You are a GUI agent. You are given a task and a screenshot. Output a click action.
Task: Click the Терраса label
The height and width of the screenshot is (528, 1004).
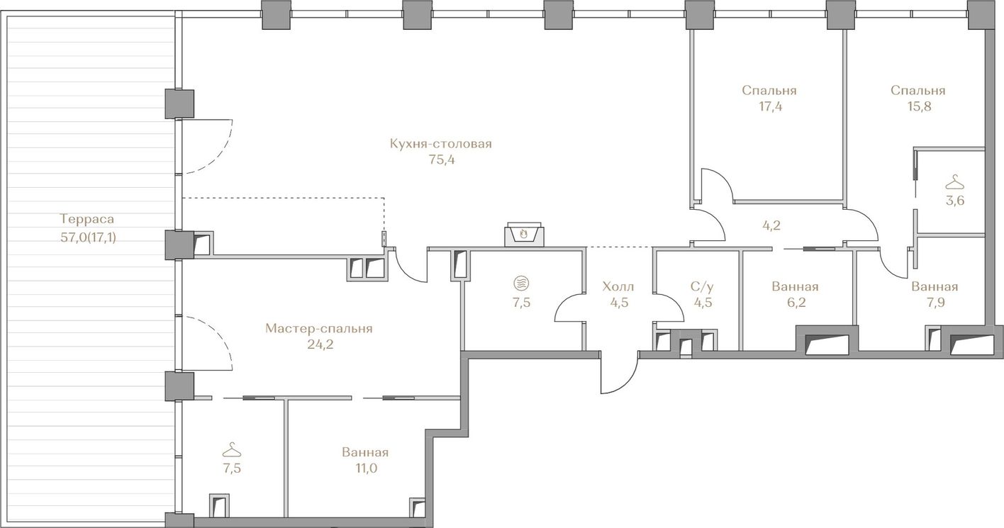87,219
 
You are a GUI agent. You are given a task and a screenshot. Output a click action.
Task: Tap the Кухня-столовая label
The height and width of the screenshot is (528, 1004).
440,144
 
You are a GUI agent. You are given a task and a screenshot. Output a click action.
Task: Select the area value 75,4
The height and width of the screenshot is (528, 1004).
442,160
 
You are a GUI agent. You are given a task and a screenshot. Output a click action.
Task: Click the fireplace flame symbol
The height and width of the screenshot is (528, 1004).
523,233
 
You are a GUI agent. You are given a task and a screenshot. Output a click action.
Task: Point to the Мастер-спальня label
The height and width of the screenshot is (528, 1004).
318,329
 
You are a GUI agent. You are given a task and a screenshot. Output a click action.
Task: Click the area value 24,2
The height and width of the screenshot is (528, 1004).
320,345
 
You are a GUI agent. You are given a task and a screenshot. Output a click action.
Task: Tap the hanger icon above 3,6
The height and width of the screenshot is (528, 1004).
954,182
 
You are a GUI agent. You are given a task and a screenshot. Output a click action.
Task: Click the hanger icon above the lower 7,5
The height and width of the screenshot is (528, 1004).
232,449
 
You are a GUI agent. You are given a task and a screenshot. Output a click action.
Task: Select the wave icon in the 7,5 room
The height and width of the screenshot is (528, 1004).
521,283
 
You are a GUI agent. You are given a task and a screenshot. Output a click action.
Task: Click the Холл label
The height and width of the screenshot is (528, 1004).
618,286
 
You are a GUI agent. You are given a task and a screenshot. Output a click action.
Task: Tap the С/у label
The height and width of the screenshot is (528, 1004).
702,286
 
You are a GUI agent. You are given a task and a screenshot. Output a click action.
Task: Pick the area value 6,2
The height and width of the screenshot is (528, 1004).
796,303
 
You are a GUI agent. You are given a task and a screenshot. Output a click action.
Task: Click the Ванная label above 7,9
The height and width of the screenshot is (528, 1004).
935,286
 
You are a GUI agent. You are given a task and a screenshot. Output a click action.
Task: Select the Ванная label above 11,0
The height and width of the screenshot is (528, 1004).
365,452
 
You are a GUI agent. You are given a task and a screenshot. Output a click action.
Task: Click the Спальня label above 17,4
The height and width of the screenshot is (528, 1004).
769,91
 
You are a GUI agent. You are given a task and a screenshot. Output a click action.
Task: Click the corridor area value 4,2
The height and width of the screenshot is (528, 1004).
771,225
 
